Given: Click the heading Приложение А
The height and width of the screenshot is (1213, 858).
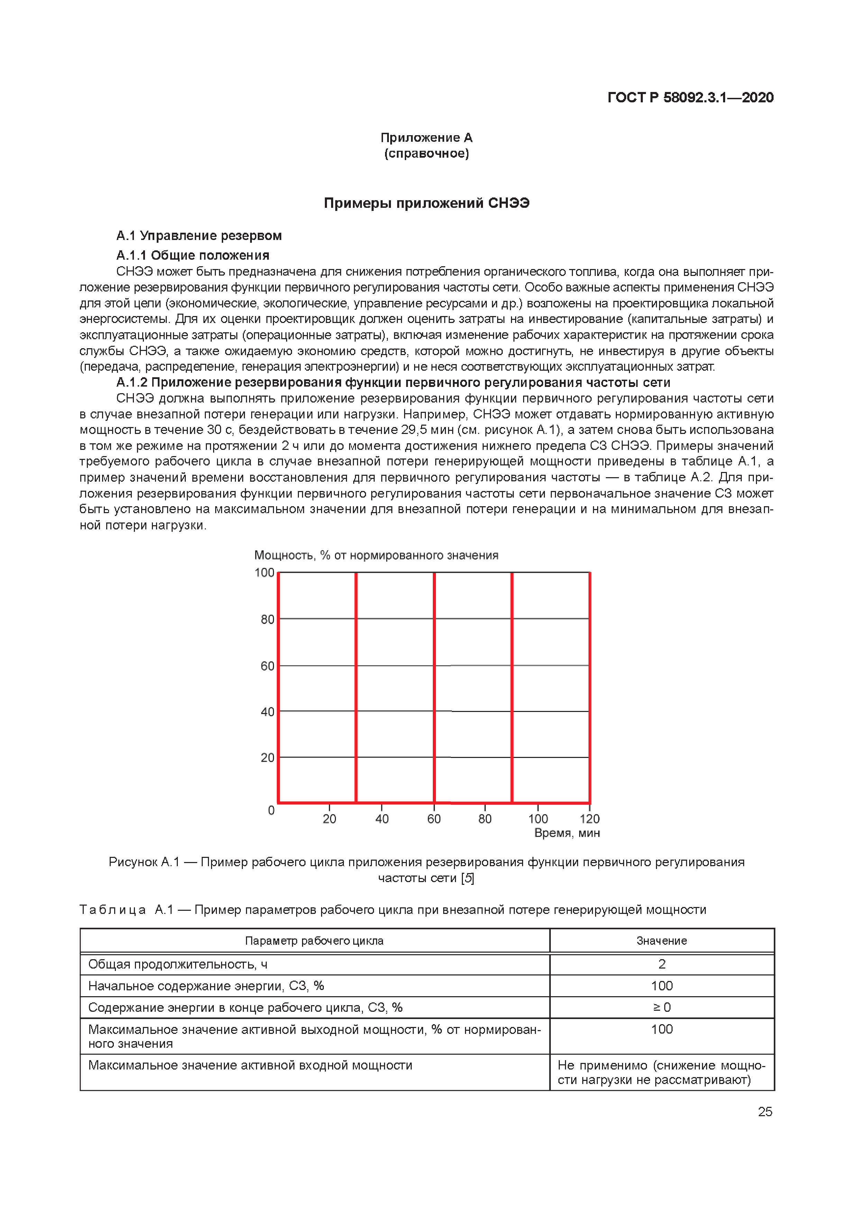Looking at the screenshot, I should click(x=426, y=138).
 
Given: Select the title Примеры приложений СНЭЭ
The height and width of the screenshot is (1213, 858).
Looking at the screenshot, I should click(x=426, y=203).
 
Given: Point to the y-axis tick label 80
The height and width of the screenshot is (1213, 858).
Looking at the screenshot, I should click(x=267, y=619).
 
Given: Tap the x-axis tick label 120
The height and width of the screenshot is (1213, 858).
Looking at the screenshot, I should click(x=590, y=819).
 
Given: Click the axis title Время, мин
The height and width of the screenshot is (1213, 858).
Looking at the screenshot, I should click(x=567, y=833).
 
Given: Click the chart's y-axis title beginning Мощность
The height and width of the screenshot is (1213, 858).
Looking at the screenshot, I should click(x=376, y=555).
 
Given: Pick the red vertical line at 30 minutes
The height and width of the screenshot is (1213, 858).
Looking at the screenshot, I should click(x=356, y=687).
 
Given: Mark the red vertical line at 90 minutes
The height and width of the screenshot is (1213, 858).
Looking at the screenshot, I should click(x=512, y=687).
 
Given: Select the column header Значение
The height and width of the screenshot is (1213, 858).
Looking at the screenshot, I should click(x=661, y=941).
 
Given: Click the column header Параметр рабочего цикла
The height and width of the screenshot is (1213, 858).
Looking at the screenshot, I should click(x=314, y=941).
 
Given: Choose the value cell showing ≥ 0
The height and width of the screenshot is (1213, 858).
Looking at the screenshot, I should click(x=661, y=1008).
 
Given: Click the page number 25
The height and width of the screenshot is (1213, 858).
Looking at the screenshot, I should click(x=765, y=1112).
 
